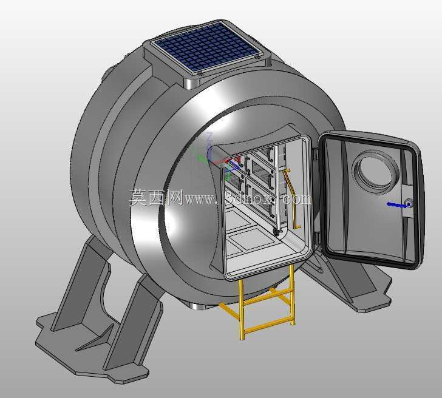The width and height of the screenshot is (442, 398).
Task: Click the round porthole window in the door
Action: click(376, 172)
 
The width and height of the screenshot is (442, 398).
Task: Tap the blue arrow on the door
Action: click(397, 205)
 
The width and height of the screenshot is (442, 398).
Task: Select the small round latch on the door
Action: click(409, 203)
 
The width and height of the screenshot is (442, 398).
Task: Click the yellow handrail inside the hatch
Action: click(291, 198)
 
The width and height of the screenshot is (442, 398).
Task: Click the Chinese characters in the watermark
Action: click(156, 197)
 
